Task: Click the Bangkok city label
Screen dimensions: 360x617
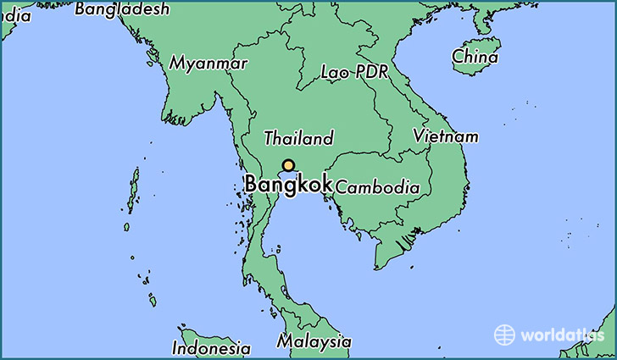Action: (287, 184)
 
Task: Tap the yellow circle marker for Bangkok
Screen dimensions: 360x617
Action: (289, 166)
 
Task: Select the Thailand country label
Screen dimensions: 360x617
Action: (298, 138)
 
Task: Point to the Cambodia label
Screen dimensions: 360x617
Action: (377, 187)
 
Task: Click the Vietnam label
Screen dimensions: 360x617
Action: (446, 136)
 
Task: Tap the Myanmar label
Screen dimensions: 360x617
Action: (208, 64)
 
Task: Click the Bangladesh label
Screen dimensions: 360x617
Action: (122, 9)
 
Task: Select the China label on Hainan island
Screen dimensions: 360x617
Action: (475, 57)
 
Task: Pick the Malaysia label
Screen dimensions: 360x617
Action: (314, 341)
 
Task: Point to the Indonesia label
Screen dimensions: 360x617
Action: (211, 347)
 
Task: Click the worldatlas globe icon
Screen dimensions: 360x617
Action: (505, 334)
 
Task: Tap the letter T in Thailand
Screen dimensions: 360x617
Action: (270, 138)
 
